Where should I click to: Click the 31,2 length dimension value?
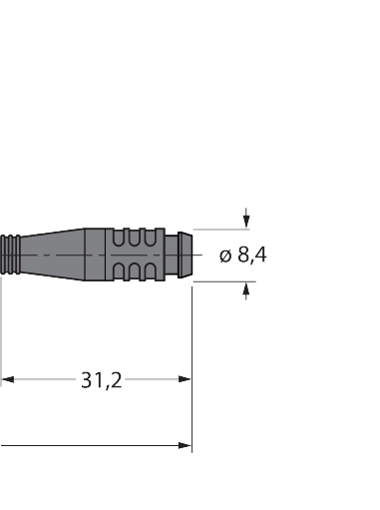101,380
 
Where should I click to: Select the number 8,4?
252,255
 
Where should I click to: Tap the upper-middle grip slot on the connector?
138,240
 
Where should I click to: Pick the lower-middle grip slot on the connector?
138,272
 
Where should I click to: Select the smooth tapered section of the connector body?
65,256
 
